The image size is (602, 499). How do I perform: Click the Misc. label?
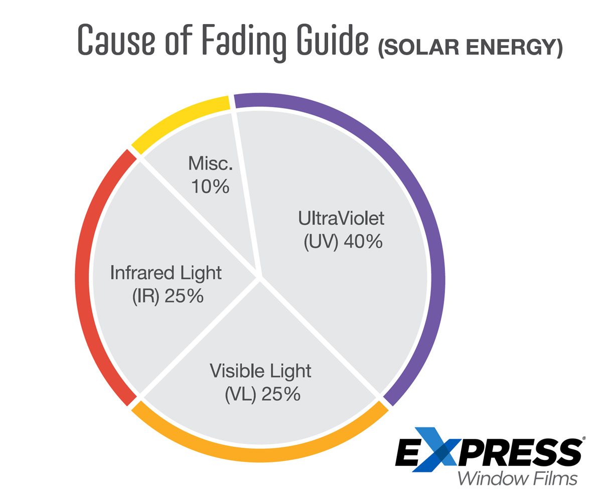coord(209,163)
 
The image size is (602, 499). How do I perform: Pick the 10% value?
coord(210,187)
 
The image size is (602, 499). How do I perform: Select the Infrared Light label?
coord(166,273)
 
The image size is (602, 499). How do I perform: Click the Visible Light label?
coord(260,371)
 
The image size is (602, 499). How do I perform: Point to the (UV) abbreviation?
coord(319,242)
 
